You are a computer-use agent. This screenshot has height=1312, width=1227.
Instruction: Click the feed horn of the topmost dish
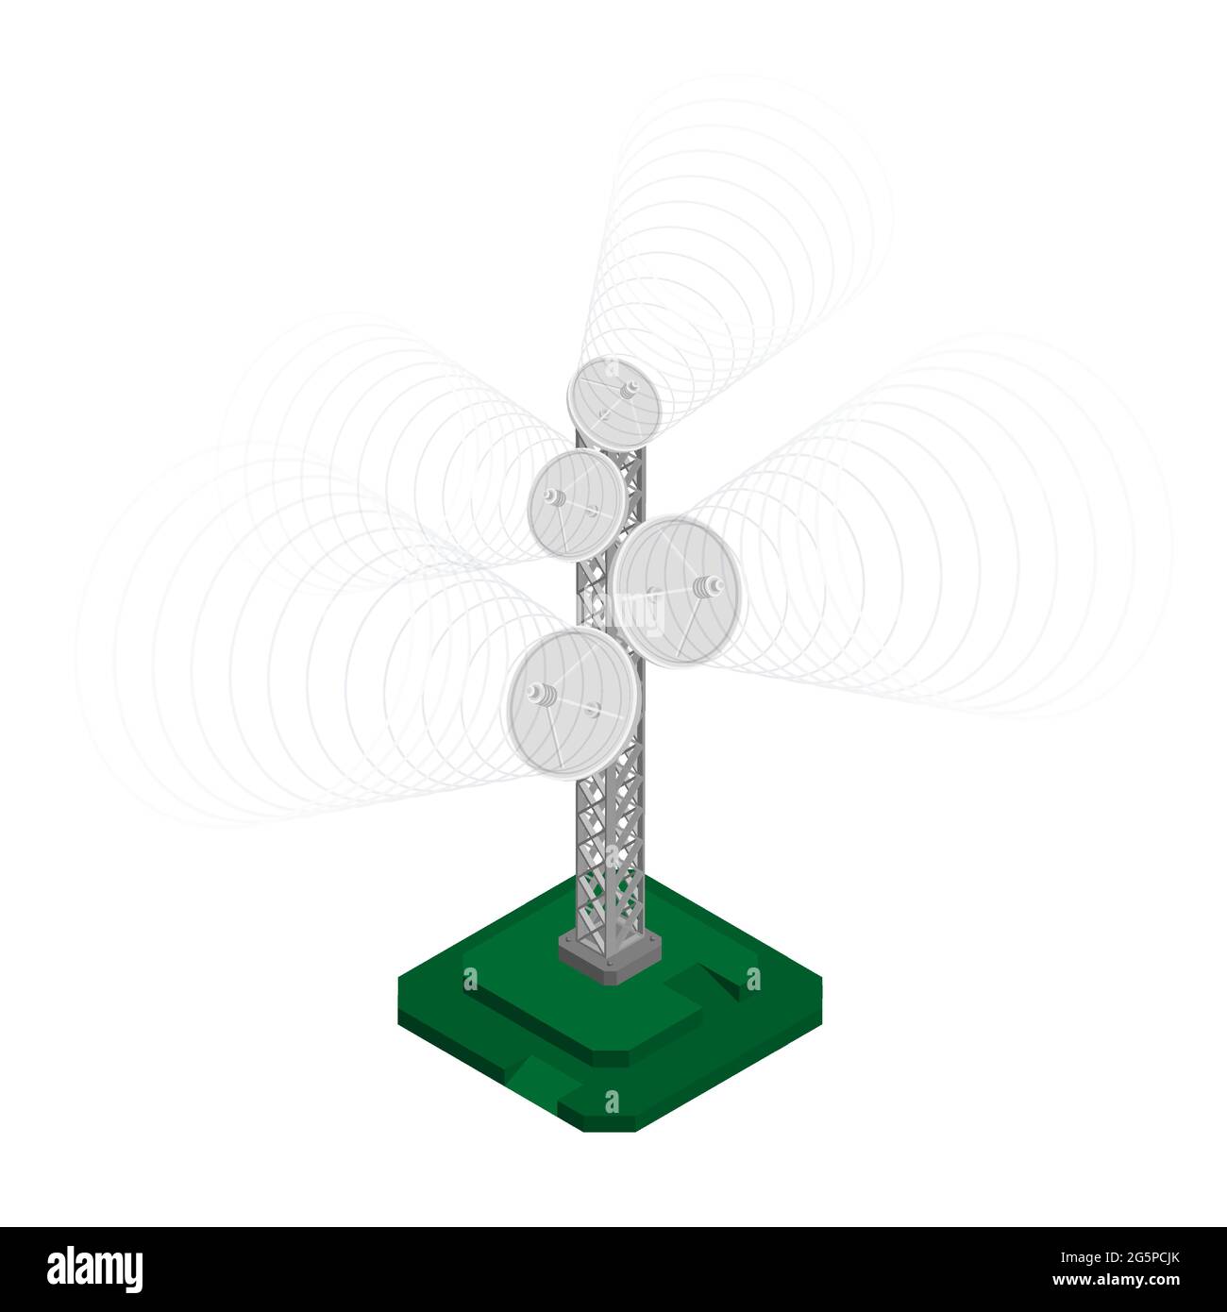tap(626, 388)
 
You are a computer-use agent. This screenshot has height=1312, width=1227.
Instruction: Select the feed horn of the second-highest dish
tap(553, 497)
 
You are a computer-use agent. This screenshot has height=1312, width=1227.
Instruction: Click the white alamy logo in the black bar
tap(94, 1270)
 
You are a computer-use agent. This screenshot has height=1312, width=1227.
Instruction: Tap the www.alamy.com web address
tap(1133, 1281)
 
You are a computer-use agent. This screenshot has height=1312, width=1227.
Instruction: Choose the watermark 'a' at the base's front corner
tap(612, 1102)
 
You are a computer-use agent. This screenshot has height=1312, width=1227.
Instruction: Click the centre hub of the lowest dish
tap(593, 709)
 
